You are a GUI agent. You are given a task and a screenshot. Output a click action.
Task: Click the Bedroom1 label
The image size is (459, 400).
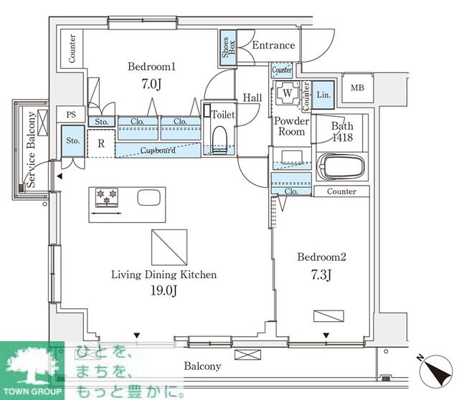tap(151, 67)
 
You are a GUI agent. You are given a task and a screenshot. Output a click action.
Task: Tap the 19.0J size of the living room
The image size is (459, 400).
tap(164, 290)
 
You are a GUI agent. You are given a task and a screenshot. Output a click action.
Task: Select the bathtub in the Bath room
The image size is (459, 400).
tap(341, 166)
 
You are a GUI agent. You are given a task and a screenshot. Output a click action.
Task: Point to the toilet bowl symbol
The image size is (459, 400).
tap(220, 139)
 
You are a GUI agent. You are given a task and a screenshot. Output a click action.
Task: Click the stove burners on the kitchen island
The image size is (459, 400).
tap(107, 197)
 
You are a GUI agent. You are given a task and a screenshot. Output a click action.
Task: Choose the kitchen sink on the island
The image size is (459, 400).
tap(149, 198)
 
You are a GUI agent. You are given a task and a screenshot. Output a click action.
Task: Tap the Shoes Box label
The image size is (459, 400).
tap(228, 47)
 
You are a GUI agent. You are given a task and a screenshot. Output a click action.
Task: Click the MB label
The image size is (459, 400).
tap(357, 87)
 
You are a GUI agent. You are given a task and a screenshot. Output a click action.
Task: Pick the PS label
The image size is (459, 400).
tap(71, 115)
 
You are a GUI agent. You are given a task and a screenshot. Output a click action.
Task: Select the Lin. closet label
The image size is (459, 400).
tap(323, 95)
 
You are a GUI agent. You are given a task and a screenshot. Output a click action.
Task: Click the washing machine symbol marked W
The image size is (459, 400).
tap(287, 93)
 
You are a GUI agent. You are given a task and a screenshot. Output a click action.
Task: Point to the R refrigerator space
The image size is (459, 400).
tap(101, 143)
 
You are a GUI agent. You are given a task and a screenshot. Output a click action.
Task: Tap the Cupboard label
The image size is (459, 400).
tap(158, 151)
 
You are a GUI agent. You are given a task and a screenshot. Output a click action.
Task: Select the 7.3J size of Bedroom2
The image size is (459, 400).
tap(321, 275)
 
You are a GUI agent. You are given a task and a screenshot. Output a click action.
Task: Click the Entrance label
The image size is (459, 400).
tap(273, 45)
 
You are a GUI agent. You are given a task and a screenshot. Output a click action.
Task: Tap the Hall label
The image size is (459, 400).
tap(252, 97)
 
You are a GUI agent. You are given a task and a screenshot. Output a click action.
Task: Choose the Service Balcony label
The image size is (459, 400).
tap(31, 150)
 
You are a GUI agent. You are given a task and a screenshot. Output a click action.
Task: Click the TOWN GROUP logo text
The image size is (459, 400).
tap(32, 391)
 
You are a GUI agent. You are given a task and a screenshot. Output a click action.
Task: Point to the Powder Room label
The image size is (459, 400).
tap(292, 126)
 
